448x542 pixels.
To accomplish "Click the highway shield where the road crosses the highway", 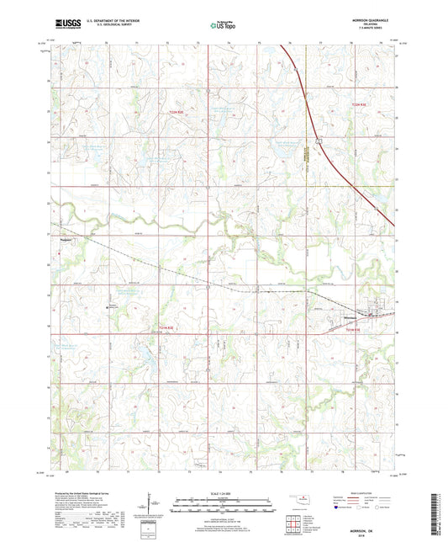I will [320, 140].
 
